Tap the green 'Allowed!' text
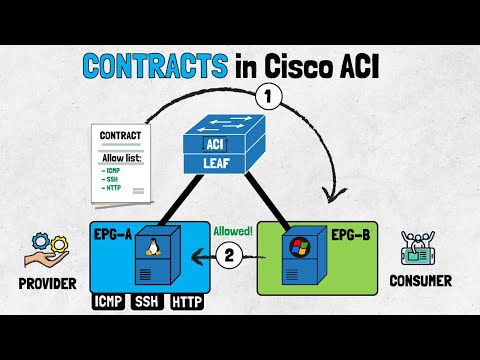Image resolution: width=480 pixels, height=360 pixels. [x=233, y=229]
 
